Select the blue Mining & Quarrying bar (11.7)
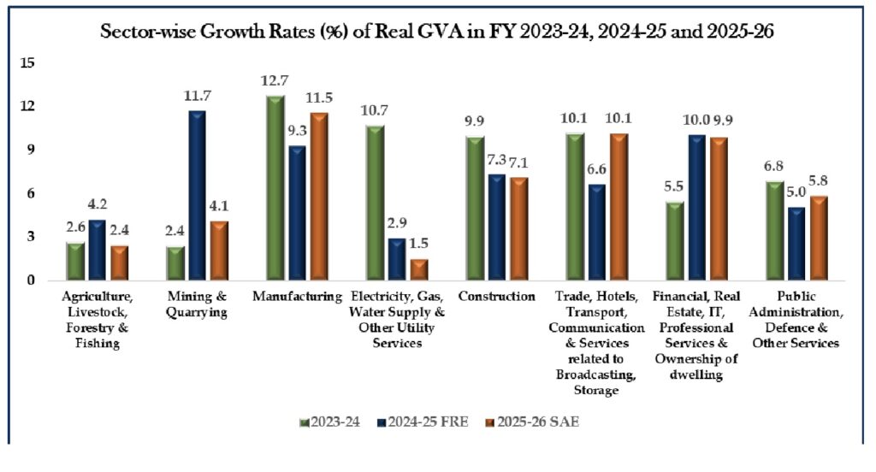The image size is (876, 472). point(198,195)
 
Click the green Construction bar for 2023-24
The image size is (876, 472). point(476,208)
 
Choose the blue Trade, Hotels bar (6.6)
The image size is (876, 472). point(596,232)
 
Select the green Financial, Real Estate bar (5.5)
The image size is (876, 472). point(675,240)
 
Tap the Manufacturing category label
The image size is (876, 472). point(297,297)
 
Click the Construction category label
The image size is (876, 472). point(495,297)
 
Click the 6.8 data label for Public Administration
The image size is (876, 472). point(774,166)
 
